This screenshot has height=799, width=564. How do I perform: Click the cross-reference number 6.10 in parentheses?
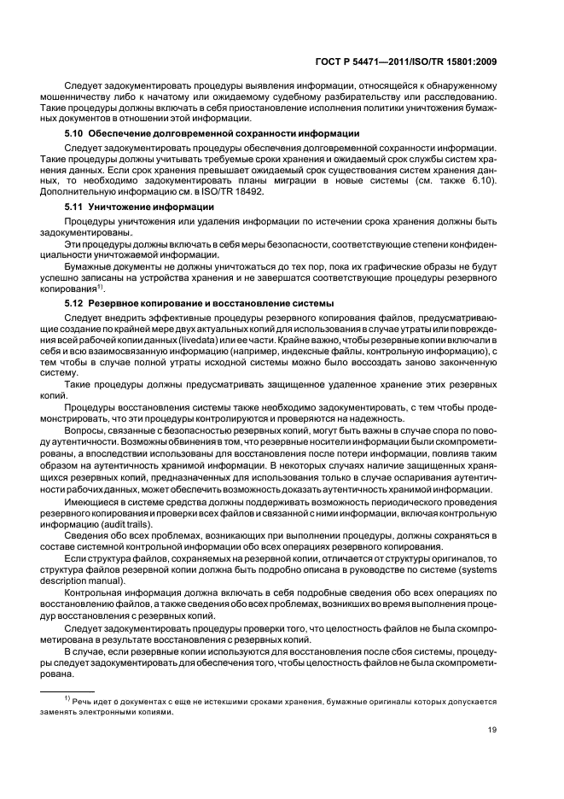tap(480, 182)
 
